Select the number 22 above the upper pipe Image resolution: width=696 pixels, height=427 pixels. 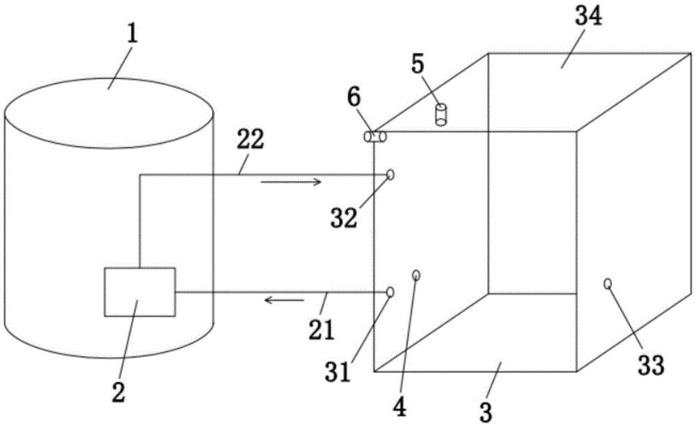tap(250, 141)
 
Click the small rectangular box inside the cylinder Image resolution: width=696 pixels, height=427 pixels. tap(140, 291)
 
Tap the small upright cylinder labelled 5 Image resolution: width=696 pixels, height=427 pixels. tap(441, 114)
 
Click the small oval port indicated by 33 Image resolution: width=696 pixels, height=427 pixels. tap(608, 284)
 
